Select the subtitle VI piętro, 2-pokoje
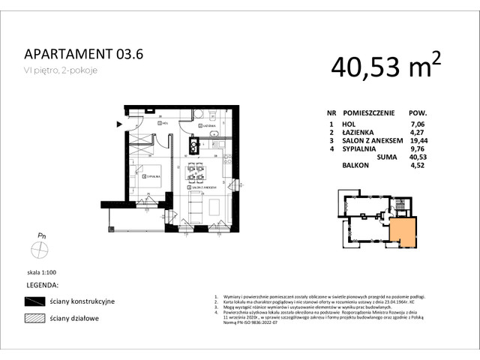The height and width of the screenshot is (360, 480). [60, 70]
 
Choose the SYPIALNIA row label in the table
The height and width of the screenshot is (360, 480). [358, 149]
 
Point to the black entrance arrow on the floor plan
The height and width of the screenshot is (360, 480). [118, 124]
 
